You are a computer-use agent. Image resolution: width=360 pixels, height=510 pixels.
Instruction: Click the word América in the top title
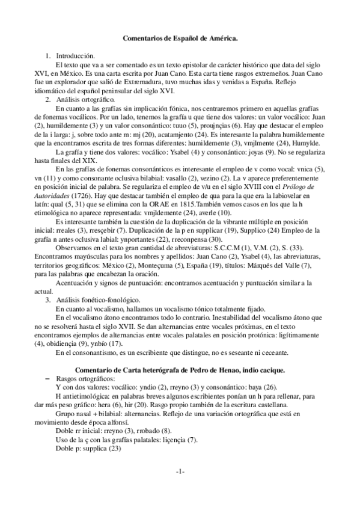pos(221,38)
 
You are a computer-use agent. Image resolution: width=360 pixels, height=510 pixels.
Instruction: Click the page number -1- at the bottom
pos(179,471)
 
